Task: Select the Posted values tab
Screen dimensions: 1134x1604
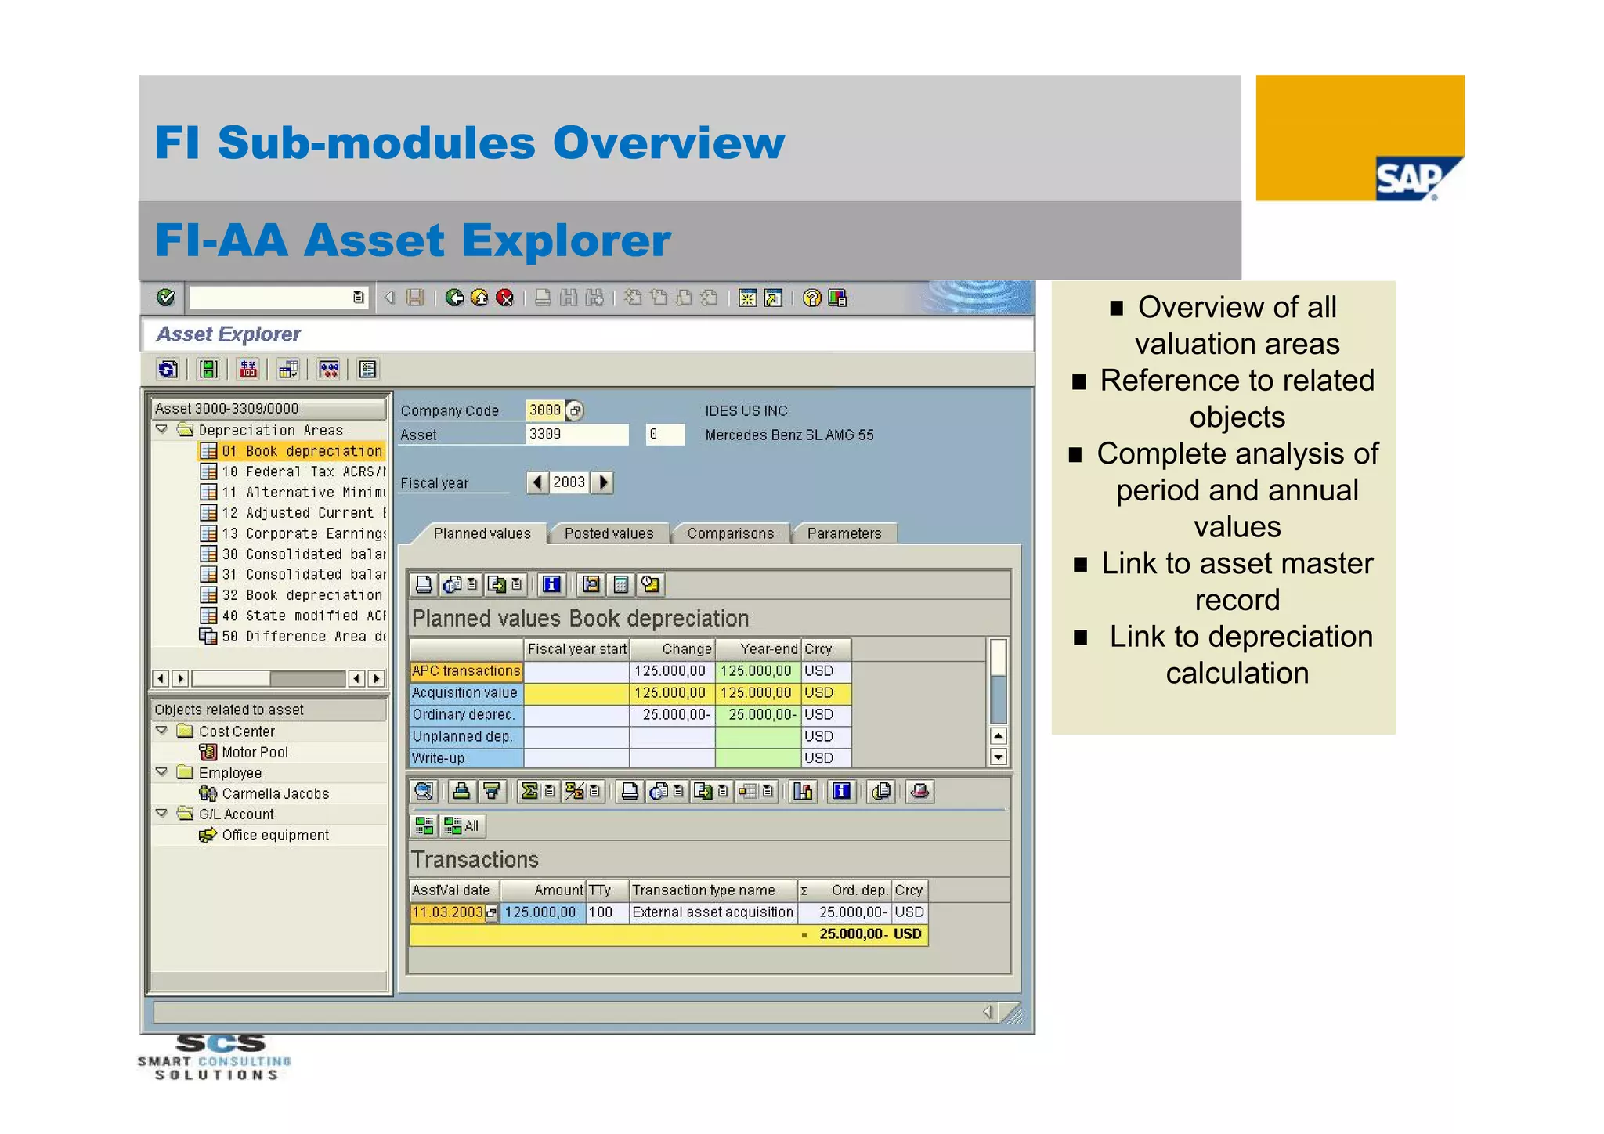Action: [609, 533]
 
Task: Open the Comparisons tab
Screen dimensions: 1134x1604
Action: [730, 533]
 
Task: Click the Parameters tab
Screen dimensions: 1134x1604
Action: [844, 533]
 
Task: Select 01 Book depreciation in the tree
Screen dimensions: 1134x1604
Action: [302, 451]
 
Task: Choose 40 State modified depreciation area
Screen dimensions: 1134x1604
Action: [302, 616]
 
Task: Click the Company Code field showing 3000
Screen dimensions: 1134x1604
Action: [544, 410]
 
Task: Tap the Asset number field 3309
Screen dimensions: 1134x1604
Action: [576, 435]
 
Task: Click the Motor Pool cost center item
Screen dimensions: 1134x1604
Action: [255, 753]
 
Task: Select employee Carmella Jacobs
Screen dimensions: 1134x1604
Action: [275, 794]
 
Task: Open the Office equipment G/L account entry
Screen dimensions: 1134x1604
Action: [275, 836]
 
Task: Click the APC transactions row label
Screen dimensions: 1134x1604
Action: [466, 671]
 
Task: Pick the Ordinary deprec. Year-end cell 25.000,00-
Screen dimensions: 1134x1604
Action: [757, 715]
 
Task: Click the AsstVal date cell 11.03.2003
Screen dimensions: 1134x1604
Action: [447, 912]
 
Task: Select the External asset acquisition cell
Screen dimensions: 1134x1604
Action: [712, 912]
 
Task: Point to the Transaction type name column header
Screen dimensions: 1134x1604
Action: [703, 890]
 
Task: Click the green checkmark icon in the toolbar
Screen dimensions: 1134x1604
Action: [165, 298]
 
